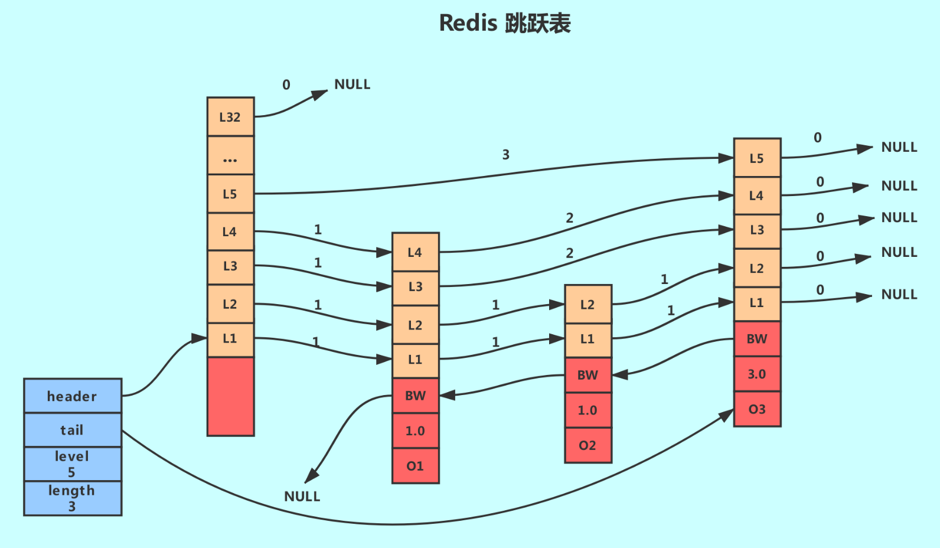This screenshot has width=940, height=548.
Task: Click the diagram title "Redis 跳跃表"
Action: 505,24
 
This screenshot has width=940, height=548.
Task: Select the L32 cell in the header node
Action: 230,117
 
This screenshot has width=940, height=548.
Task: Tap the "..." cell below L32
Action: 230,156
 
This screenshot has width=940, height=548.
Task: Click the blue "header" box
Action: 73,396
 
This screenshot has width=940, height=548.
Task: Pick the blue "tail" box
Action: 73,430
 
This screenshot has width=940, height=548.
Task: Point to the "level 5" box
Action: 73,464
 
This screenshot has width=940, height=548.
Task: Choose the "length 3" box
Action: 73,498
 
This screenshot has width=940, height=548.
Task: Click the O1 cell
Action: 415,466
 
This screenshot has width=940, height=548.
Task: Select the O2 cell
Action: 587,445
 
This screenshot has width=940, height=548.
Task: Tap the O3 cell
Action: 757,409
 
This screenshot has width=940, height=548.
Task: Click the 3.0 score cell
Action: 757,374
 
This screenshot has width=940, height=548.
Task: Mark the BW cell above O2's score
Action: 587,375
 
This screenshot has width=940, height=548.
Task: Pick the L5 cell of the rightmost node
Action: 757,158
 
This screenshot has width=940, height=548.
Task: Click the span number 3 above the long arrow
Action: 505,155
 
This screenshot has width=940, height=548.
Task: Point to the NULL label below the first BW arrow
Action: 302,497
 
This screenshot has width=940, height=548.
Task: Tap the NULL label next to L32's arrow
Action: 352,84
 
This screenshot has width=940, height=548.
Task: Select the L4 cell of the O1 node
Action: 415,253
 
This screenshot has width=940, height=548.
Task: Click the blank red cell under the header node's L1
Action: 230,396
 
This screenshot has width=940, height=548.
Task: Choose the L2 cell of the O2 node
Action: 587,305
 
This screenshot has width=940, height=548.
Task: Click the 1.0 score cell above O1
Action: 415,431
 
